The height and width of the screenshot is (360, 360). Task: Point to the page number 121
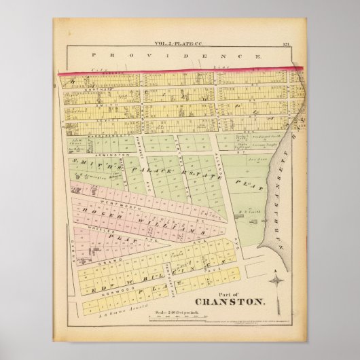(x=287, y=45)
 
